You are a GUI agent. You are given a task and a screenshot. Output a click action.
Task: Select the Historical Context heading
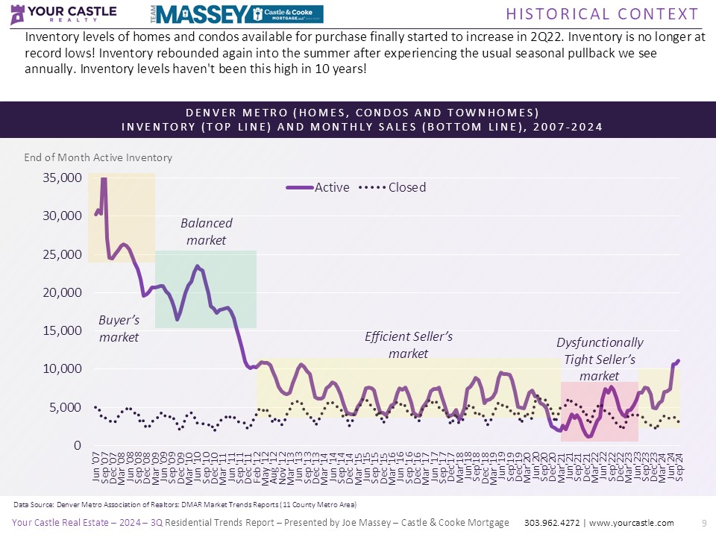click(603, 14)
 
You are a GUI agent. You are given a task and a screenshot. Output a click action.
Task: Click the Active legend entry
click(318, 187)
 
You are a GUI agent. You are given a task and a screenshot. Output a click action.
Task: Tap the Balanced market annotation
click(206, 231)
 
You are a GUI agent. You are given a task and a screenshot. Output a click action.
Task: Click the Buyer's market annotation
click(119, 328)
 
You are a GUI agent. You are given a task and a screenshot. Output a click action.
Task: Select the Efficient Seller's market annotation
click(409, 345)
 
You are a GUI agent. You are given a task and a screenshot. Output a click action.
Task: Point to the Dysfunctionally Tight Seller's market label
click(600, 359)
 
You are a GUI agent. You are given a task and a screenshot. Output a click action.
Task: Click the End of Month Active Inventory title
click(98, 157)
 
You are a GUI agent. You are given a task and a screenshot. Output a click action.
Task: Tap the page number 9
click(704, 523)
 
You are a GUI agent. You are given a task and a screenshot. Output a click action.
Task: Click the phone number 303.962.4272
click(555, 523)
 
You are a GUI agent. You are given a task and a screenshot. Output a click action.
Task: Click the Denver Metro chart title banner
click(362, 119)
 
